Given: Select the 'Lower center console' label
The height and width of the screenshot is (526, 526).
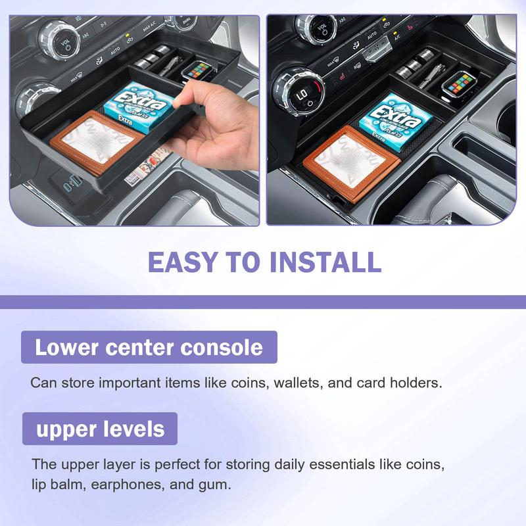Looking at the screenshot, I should [x=149, y=347].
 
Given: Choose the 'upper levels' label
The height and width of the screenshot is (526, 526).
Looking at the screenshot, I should [x=100, y=429].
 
